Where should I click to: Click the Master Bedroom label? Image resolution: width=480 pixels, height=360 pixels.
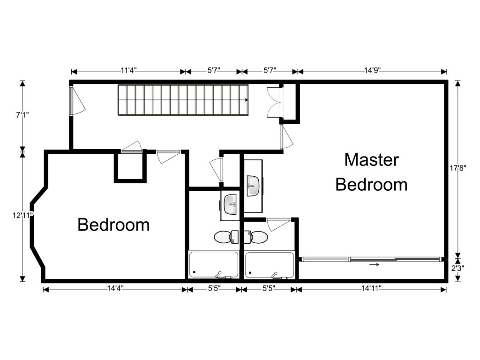[371, 172]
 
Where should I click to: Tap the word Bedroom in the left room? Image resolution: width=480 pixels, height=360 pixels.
[113, 225]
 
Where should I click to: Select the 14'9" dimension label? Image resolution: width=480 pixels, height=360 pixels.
[372, 70]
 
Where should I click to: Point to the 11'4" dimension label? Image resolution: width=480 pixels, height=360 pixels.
[128, 70]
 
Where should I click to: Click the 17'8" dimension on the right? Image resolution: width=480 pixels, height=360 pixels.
[457, 168]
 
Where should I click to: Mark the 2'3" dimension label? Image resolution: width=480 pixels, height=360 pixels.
[457, 268]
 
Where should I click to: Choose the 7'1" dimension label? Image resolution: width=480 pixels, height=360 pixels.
[22, 115]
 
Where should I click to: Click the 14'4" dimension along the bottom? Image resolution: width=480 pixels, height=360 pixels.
[115, 288]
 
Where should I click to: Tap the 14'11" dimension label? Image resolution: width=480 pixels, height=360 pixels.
[371, 288]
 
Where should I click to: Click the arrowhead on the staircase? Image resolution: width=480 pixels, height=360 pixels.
[247, 100]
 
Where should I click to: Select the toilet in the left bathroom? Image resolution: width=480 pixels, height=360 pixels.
[226, 237]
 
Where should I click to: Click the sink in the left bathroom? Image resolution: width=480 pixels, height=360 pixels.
[230, 204]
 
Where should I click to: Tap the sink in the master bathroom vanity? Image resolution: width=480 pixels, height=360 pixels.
[254, 186]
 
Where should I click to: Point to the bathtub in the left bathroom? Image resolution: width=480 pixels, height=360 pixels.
[214, 265]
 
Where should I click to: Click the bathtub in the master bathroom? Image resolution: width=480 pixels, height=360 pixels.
[270, 265]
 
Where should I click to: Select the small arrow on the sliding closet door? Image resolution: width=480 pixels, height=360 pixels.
[374, 264]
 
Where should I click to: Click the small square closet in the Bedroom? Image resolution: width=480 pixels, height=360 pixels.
[130, 167]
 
